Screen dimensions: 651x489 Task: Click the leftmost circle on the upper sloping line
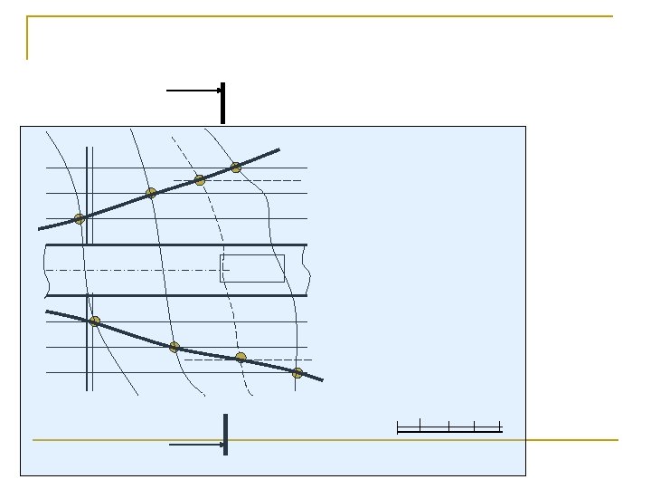tap(80, 218)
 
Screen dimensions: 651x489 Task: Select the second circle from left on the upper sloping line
tap(151, 193)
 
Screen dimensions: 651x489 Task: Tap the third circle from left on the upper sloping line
tap(200, 180)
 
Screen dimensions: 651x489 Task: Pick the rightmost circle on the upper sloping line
tap(236, 168)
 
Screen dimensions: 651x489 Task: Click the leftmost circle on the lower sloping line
tap(95, 321)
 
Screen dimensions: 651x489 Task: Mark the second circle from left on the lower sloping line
tap(175, 347)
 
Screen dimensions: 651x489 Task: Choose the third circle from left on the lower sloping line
tap(241, 358)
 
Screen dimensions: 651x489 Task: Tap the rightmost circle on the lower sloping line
tap(297, 373)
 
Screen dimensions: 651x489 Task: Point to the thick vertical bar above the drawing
tap(222, 102)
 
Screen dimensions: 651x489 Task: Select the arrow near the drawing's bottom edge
tap(196, 445)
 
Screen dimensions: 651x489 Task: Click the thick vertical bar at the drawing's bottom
tap(225, 435)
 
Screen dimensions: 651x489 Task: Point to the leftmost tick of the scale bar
tap(398, 426)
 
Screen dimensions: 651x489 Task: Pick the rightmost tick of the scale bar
tap(500, 426)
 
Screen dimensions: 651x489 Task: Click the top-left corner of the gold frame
tap(28, 16)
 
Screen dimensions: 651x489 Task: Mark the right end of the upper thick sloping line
tap(278, 150)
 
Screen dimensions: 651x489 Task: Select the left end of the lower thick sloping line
tap(47, 312)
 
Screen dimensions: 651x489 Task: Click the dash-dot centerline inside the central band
tap(136, 270)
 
